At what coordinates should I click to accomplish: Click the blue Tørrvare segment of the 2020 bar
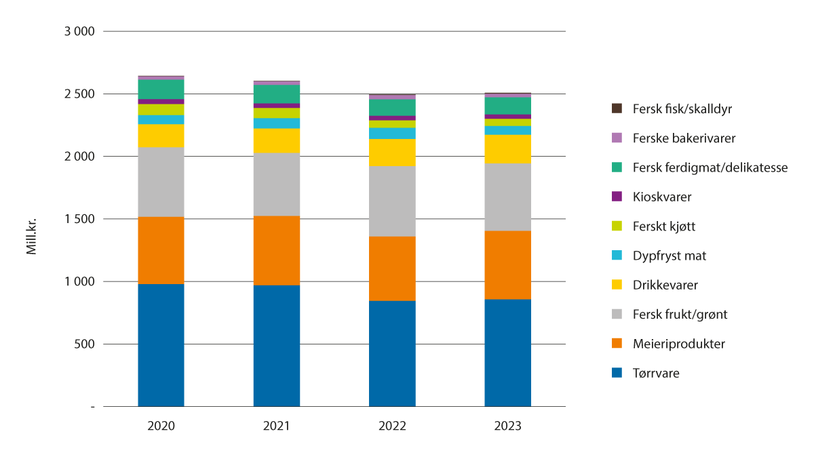click(x=161, y=345)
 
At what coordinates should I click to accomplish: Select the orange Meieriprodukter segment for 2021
click(x=277, y=250)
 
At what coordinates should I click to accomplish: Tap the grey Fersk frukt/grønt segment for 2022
click(x=392, y=201)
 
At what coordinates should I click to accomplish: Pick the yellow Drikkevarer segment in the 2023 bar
click(x=507, y=149)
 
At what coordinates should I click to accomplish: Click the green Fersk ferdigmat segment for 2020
click(x=161, y=90)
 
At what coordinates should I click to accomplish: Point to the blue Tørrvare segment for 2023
click(x=507, y=353)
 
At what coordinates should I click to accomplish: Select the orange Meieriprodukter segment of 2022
click(x=392, y=268)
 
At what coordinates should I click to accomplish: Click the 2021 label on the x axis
click(x=277, y=426)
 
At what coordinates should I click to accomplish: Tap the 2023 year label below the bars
click(x=507, y=426)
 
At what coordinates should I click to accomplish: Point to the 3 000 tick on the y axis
click(x=80, y=31)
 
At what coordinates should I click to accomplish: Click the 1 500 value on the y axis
click(x=80, y=219)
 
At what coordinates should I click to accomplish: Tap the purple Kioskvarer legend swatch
click(x=617, y=197)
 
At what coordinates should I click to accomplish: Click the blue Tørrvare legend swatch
click(x=617, y=373)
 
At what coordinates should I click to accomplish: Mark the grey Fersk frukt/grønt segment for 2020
click(x=161, y=182)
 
